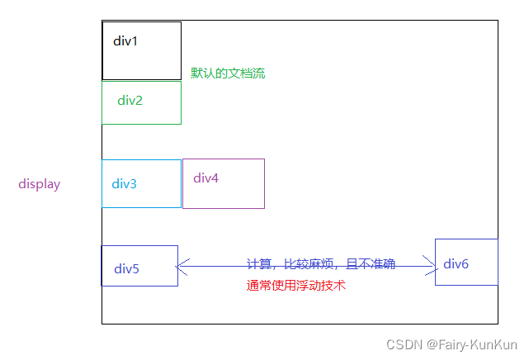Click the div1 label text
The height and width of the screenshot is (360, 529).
[x=125, y=40]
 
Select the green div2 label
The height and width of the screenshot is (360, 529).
[x=130, y=101]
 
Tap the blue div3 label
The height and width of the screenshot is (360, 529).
[x=125, y=183]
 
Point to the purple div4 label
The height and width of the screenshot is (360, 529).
[x=205, y=178]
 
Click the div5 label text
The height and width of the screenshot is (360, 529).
[x=126, y=268]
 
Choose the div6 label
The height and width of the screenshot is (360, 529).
[x=456, y=263]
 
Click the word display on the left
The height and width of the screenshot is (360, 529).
[x=40, y=184]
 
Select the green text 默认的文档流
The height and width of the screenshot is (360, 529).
[x=228, y=73]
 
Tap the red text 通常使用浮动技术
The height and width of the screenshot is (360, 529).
[x=295, y=286]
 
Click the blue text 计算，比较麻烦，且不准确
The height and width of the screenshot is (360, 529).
[x=321, y=264]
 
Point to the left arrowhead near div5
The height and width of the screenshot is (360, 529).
[x=182, y=266]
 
